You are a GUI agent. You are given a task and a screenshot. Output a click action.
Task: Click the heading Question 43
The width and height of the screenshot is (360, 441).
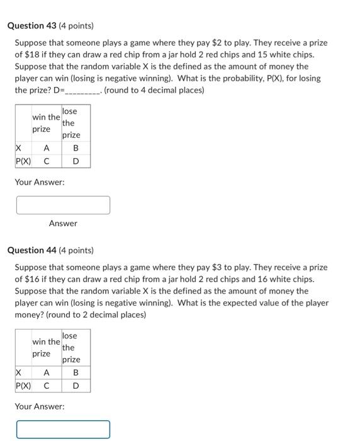[50, 26]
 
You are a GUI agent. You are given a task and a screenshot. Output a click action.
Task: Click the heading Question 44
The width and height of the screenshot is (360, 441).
[50, 250]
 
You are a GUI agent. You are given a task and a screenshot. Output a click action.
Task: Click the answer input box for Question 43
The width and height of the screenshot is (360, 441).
[63, 205]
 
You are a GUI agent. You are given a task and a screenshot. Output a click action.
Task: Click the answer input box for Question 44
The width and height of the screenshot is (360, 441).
[63, 429]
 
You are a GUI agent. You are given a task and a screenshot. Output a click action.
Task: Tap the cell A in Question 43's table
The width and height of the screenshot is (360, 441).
[46, 148]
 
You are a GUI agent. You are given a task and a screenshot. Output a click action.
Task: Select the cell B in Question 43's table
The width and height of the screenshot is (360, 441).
[76, 148]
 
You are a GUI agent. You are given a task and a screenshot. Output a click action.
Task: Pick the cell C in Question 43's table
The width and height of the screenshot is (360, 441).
[46, 161]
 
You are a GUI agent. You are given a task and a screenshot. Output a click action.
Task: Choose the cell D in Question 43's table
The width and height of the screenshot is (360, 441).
[76, 161]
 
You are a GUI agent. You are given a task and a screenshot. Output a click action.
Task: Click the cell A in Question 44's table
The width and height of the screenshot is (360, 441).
[46, 373]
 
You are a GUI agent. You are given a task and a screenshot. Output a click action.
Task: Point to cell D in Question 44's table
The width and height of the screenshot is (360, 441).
[76, 386]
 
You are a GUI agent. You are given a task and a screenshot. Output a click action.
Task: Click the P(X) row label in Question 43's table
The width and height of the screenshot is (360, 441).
[23, 161]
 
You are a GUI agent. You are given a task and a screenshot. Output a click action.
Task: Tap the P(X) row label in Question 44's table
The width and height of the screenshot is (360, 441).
[23, 386]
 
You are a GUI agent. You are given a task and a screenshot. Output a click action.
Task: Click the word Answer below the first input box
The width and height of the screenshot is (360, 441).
[63, 223]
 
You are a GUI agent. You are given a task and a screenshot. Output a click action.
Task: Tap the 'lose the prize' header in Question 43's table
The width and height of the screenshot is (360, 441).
[70, 123]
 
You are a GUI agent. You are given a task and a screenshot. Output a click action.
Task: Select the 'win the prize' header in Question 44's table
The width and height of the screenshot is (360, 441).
[46, 348]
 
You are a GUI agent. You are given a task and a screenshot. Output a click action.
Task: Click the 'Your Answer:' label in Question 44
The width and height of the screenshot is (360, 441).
[40, 406]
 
